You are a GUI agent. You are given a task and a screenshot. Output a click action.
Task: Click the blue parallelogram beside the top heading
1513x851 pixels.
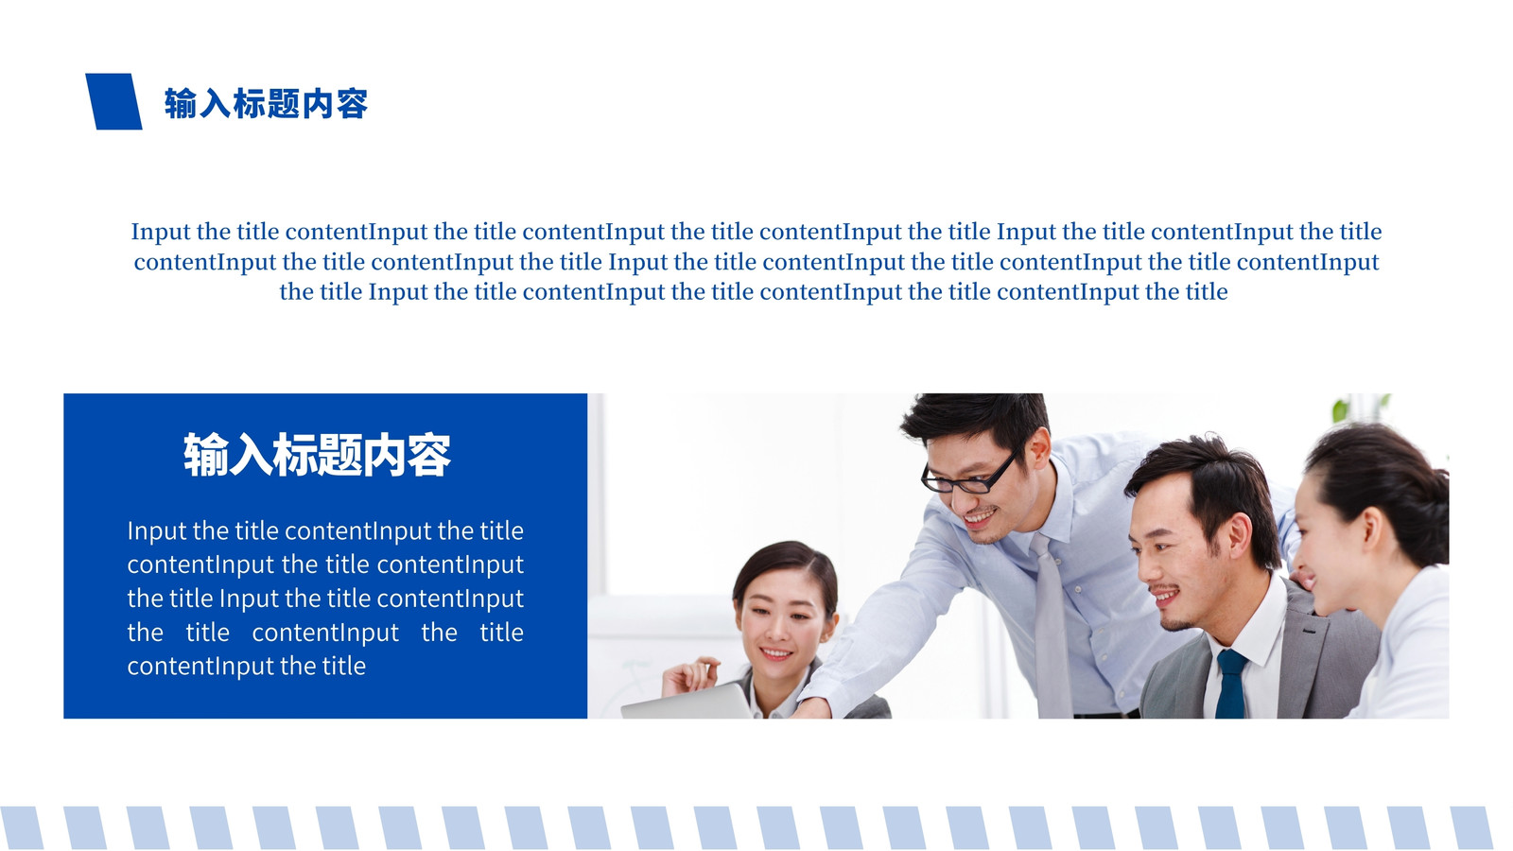coord(113,101)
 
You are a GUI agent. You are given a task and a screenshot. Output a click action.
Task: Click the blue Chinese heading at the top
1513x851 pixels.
coord(266,103)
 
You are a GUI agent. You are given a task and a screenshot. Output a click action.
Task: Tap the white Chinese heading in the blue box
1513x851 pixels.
coord(317,455)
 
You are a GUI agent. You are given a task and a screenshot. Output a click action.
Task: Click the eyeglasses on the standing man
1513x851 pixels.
coord(970,474)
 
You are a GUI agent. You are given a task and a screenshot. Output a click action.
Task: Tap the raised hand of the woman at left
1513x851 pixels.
coord(690,675)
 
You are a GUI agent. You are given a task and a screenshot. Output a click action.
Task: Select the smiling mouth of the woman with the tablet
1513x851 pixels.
coord(774,653)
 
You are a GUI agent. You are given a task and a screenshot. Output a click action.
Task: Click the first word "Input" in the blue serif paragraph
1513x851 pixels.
coord(160,233)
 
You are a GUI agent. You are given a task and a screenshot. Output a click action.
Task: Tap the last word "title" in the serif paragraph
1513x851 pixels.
coord(1207,292)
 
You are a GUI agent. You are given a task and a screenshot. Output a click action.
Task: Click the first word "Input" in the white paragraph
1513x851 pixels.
coord(156,531)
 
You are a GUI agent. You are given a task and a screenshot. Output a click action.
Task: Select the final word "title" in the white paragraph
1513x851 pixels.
coord(343,666)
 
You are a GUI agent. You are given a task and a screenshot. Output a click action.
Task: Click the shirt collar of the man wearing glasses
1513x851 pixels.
coord(1051,513)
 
